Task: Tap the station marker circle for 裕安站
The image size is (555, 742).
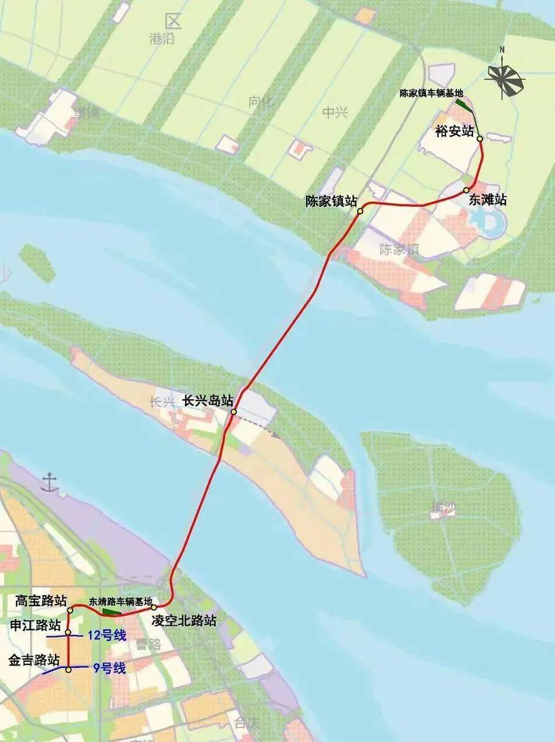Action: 480,139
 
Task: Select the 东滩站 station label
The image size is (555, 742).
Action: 487,200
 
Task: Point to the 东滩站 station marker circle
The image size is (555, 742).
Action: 466,190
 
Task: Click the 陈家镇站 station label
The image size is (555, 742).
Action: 331,201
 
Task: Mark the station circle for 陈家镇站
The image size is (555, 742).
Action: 360,211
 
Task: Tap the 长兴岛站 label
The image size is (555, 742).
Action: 208,401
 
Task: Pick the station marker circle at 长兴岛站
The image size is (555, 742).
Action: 233,412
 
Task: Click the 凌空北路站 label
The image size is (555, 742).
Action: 183,620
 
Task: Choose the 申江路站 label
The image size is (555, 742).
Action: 35,625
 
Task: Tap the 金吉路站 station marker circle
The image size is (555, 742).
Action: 68,670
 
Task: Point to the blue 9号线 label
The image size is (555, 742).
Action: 109,668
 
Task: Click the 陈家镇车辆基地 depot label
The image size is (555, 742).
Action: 431,93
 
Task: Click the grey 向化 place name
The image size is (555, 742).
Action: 261,101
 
